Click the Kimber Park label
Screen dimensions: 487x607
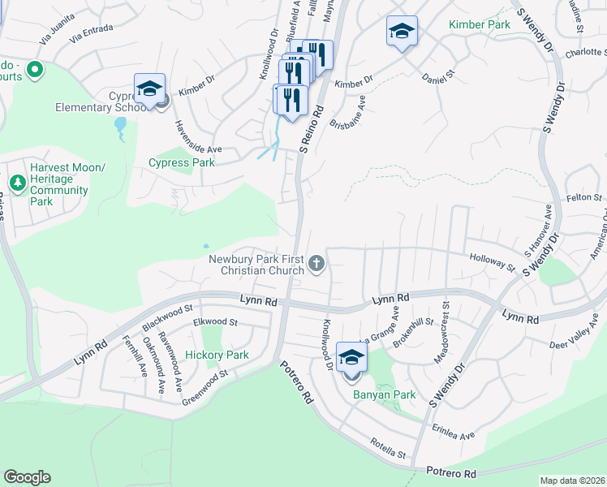point(480,25)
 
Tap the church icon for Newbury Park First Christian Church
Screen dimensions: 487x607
point(316,264)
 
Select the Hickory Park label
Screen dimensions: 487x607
point(217,355)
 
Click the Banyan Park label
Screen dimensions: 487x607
point(384,394)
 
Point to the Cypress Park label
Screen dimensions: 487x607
point(182,162)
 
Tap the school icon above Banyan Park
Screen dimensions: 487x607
point(351,357)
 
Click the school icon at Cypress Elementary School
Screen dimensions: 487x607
point(149,89)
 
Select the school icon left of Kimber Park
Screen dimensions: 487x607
point(402,32)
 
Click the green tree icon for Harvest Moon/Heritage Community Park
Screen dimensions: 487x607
point(17,183)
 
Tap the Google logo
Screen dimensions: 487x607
point(27,477)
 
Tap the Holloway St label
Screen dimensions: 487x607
point(492,261)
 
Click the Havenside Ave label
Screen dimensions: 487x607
point(199,136)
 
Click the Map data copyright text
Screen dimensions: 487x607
point(572,481)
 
